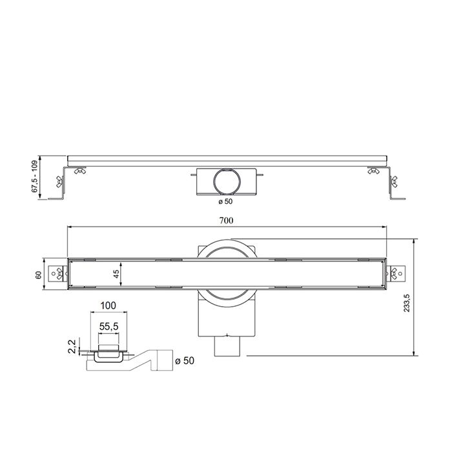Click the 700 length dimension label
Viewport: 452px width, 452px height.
pos(225,220)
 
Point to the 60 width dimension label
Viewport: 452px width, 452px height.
pos(39,274)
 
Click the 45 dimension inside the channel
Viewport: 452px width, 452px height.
pos(116,274)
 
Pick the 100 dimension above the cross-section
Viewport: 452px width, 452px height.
pos(108,305)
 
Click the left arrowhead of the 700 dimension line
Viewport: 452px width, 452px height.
pos(70,227)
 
